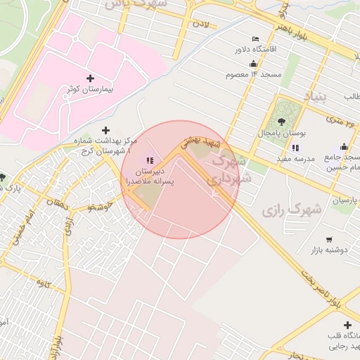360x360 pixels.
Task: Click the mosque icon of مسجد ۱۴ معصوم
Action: [252, 63]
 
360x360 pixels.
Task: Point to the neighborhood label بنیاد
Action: [315, 96]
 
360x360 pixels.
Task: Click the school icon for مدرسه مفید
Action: [295, 148]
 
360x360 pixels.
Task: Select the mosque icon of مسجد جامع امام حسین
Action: [344, 147]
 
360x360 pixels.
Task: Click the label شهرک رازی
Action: [291, 210]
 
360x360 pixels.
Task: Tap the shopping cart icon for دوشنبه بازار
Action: [329, 240]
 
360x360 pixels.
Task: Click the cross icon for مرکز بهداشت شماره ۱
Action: [106, 130]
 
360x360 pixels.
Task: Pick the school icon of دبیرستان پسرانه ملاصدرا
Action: [150, 160]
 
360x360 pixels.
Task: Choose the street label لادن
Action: [202, 25]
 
